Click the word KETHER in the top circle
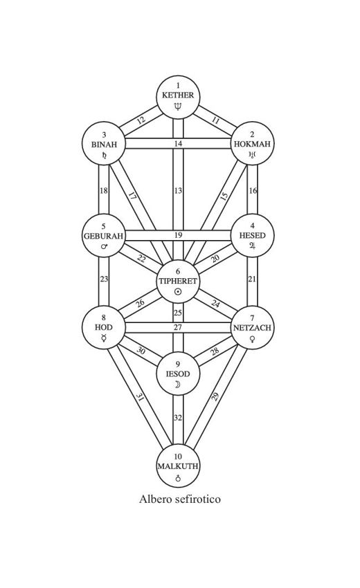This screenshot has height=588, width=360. (178, 95)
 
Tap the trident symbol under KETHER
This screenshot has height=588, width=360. (178, 107)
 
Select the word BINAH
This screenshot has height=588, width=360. (104, 145)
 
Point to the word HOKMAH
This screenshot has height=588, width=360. (252, 144)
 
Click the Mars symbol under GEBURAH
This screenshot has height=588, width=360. (105, 246)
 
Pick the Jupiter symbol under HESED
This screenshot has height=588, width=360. (252, 246)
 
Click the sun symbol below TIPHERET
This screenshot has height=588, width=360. (178, 292)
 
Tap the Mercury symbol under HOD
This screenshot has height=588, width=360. (104, 338)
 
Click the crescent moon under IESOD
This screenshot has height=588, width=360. (178, 385)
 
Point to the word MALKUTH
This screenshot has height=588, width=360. (178, 466)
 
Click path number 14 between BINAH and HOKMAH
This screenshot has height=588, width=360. (178, 144)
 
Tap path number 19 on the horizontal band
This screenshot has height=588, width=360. (178, 235)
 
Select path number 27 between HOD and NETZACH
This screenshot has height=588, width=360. (178, 327)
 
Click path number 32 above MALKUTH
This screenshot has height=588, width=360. (178, 418)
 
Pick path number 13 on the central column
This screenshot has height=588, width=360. (178, 190)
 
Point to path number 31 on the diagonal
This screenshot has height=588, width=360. (140, 398)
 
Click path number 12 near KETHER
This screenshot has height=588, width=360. (141, 120)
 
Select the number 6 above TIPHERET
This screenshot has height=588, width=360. (178, 272)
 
